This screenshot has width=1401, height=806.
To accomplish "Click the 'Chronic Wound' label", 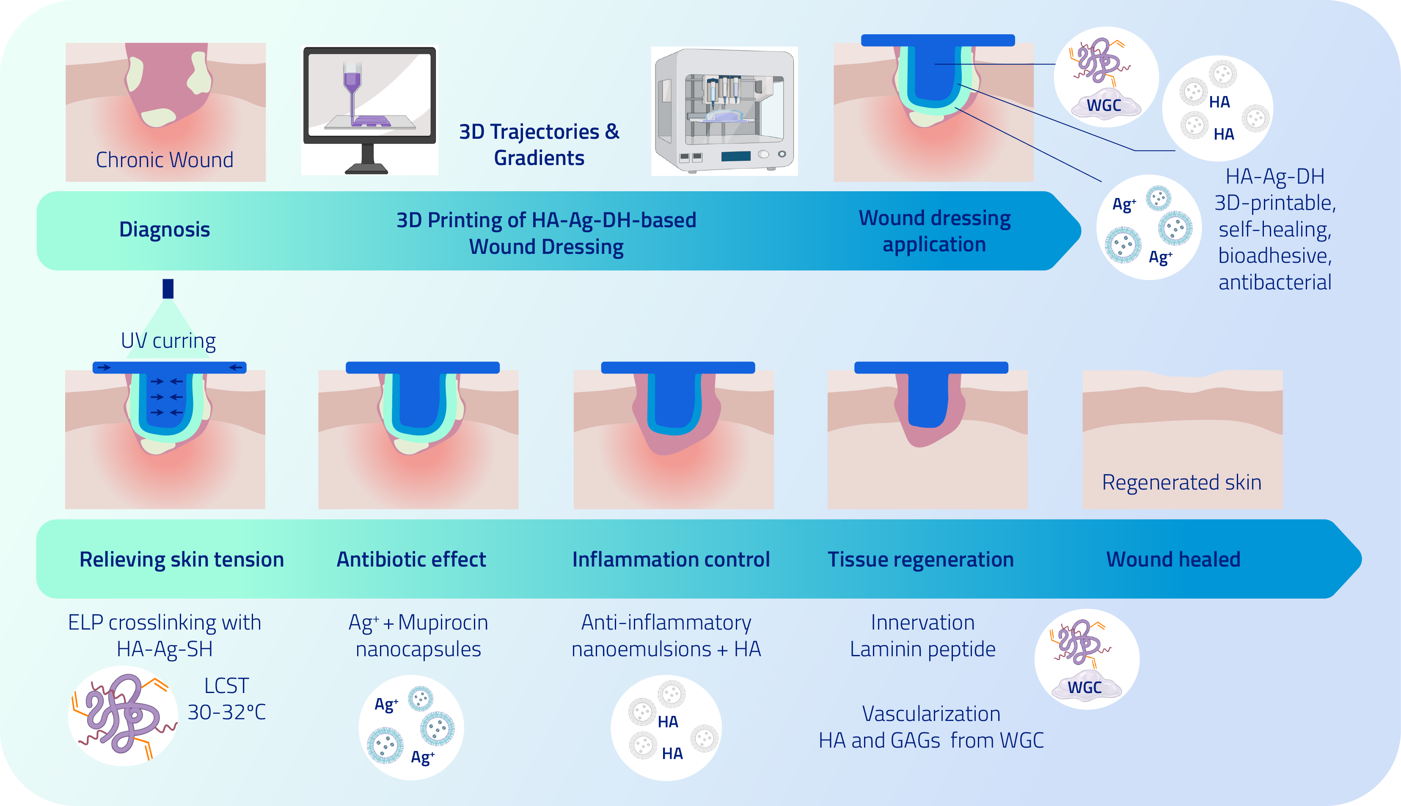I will pyautogui.click(x=165, y=160).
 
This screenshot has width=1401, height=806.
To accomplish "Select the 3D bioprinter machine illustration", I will pyautogui.click(x=724, y=111).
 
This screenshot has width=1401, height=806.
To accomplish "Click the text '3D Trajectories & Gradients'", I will pyautogui.click(x=539, y=144).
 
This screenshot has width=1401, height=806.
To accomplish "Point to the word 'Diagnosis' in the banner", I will pyautogui.click(x=165, y=229).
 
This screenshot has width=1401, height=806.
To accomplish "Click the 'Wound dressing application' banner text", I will pyautogui.click(x=934, y=231).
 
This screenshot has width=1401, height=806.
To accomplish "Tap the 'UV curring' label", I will pyautogui.click(x=168, y=341).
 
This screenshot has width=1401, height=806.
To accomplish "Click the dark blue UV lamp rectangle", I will pyautogui.click(x=168, y=289).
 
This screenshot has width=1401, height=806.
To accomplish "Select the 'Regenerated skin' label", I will pyautogui.click(x=1181, y=482).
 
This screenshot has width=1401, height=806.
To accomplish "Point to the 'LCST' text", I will pyautogui.click(x=226, y=686).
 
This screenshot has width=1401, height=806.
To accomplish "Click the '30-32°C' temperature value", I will pyautogui.click(x=226, y=712).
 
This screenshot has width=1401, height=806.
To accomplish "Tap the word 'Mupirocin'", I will pyautogui.click(x=443, y=623).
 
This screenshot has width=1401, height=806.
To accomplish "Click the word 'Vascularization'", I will pyautogui.click(x=931, y=714).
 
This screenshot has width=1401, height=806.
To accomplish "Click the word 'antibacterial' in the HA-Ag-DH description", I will pyautogui.click(x=1275, y=282).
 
